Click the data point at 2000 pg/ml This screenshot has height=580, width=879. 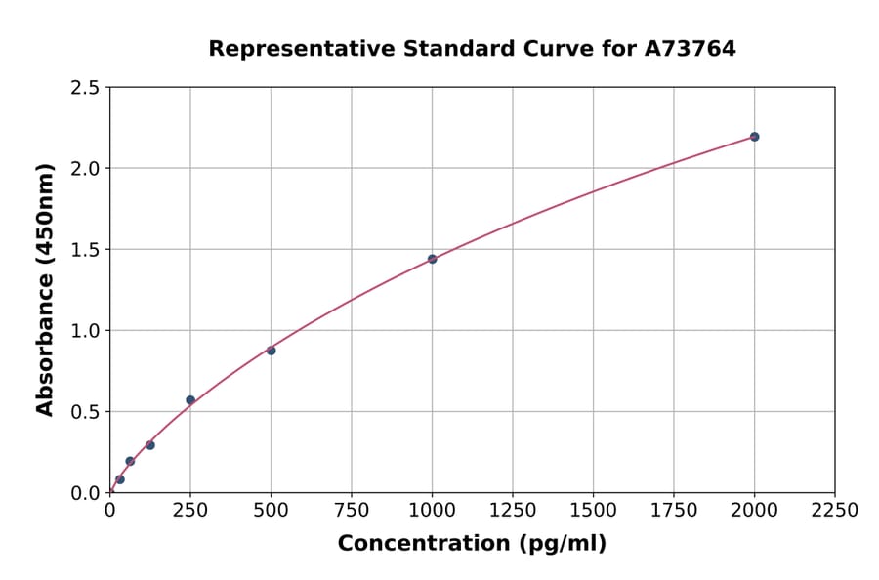click(x=754, y=137)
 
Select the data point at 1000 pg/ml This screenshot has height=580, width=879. click(x=432, y=259)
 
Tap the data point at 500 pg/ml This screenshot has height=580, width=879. click(x=271, y=351)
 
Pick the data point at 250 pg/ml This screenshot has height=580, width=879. click(x=190, y=400)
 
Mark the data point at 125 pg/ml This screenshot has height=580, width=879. click(x=150, y=445)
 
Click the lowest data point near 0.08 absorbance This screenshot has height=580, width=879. click(x=120, y=479)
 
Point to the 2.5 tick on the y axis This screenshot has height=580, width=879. click(x=86, y=88)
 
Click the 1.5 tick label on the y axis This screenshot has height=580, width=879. click(x=86, y=250)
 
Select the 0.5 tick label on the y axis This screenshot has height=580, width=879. click(x=86, y=412)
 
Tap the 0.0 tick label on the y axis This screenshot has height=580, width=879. click(x=86, y=493)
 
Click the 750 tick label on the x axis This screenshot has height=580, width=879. click(x=352, y=511)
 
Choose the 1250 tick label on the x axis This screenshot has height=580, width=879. click(x=513, y=511)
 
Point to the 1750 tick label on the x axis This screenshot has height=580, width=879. click(x=674, y=511)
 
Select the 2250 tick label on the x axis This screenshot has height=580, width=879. click(x=835, y=511)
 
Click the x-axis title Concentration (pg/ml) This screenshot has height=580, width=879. click(x=472, y=544)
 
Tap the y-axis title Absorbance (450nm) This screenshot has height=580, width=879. click(x=45, y=290)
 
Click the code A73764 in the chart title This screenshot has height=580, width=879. click(x=691, y=48)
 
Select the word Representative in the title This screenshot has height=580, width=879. click(x=288, y=48)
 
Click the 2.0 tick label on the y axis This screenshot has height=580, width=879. click(x=86, y=169)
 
